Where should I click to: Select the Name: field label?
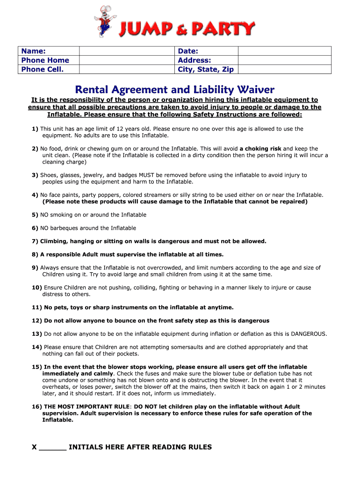pos(33,51)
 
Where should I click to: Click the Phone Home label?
pos(45,60)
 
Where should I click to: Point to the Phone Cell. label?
pos(43,69)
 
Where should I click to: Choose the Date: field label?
pos(188,51)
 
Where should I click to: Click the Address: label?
pos(194,60)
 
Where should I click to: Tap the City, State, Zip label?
pos(206,69)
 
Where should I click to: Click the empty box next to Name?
pos(126,51)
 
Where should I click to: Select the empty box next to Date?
pos(284,51)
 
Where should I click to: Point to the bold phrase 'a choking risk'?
pos(260,149)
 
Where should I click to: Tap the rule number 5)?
pos(35,215)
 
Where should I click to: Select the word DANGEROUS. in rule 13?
pos(309,334)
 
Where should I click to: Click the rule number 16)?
pos(37,406)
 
